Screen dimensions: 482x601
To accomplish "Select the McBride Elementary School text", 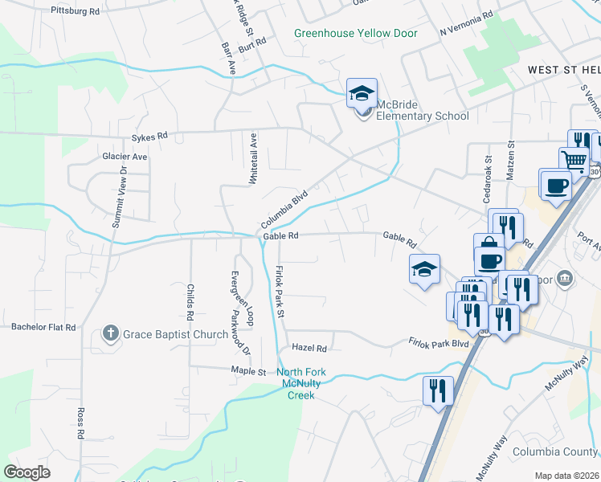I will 423,116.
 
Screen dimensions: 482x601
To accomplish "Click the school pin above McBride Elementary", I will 362,93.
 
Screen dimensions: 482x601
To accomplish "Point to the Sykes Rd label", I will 151,136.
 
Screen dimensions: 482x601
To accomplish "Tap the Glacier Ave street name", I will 125,157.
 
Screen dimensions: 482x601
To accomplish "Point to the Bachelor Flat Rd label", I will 43,328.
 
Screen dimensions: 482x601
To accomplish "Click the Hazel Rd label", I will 309,349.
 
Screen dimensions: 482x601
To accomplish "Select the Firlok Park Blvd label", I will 437,342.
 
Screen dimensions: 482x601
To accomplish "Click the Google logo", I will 27,472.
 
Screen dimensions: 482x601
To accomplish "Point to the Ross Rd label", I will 80,423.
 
